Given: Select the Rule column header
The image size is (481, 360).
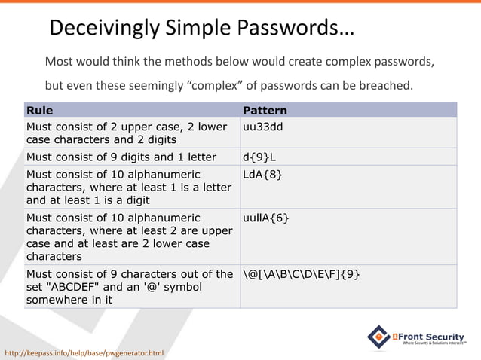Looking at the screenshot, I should pyautogui.click(x=40, y=111).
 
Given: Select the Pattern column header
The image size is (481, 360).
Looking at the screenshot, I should pyautogui.click(x=265, y=111).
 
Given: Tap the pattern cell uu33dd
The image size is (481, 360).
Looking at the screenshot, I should pyautogui.click(x=262, y=127).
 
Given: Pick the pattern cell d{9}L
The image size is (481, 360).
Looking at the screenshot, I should pyautogui.click(x=261, y=157).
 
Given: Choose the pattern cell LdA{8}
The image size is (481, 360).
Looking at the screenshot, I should pyautogui.click(x=262, y=175).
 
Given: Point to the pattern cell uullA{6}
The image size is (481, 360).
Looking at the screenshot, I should pyautogui.click(x=265, y=218).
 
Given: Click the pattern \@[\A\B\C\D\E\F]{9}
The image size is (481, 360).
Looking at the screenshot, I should pyautogui.click(x=301, y=274).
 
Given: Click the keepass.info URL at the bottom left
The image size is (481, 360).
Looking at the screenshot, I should pyautogui.click(x=84, y=352).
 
